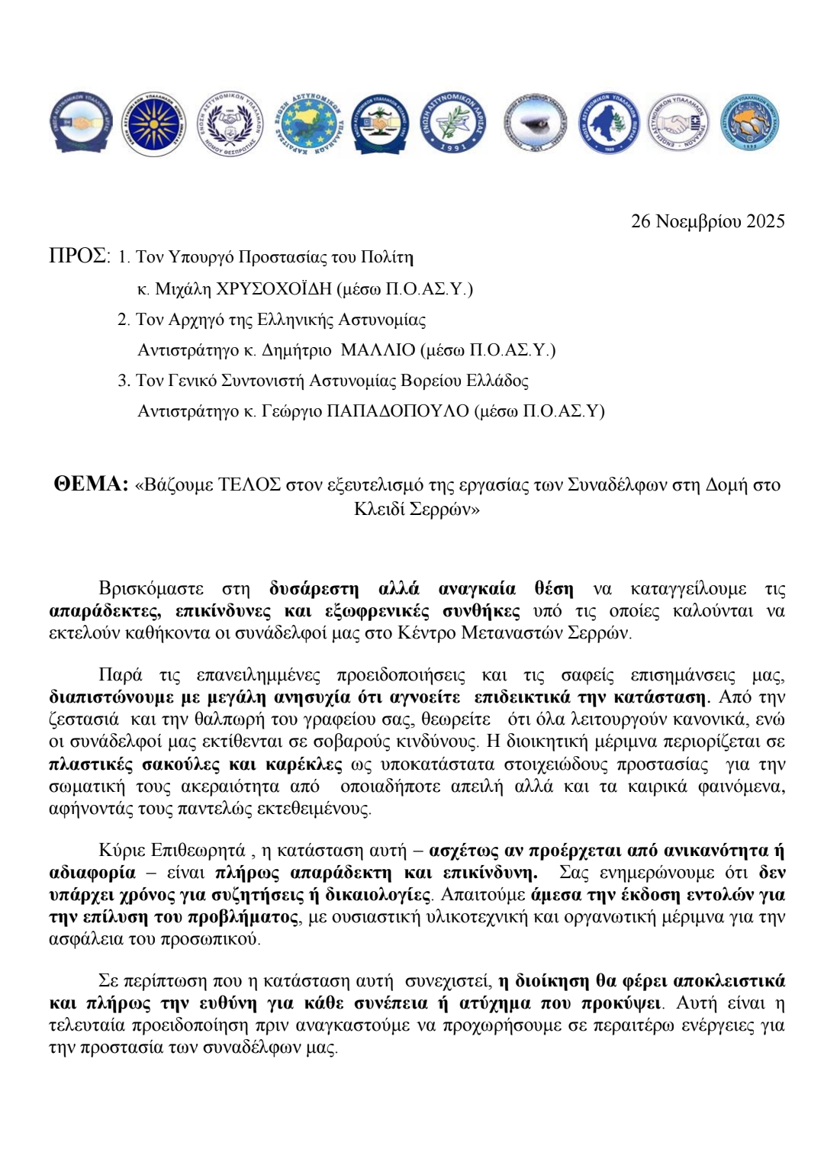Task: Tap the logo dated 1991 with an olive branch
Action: tap(455, 123)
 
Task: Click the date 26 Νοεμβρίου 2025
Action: tap(707, 221)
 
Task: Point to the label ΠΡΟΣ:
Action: tap(79, 256)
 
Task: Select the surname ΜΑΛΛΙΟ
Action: tap(378, 350)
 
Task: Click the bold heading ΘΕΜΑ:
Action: tap(91, 484)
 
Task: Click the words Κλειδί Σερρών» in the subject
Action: tap(417, 509)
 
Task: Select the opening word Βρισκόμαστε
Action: tap(151, 589)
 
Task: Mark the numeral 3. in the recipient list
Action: tap(124, 381)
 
